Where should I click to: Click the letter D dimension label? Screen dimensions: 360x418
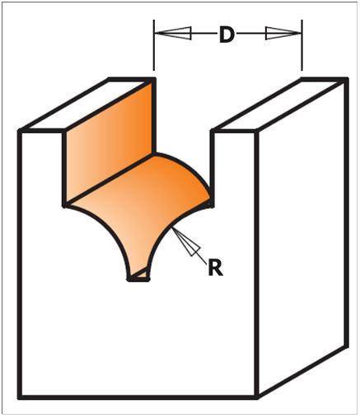click(x=227, y=35)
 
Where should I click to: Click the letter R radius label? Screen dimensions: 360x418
click(x=215, y=268)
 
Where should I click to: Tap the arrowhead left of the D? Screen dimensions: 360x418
click(x=173, y=33)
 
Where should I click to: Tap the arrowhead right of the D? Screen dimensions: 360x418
click(x=283, y=33)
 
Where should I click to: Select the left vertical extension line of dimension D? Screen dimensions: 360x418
click(x=154, y=45)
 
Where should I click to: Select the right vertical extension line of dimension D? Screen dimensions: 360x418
click(x=302, y=45)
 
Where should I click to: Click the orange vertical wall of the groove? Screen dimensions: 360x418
click(x=110, y=142)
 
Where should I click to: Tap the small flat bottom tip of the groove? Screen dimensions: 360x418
click(x=138, y=279)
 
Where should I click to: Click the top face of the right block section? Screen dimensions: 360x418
click(x=279, y=104)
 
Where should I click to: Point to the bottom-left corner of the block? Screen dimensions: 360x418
click(x=20, y=397)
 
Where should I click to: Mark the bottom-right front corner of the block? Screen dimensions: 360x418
click(x=257, y=397)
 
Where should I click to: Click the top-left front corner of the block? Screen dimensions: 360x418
click(x=20, y=131)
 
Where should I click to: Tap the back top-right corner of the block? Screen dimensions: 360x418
click(x=346, y=80)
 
